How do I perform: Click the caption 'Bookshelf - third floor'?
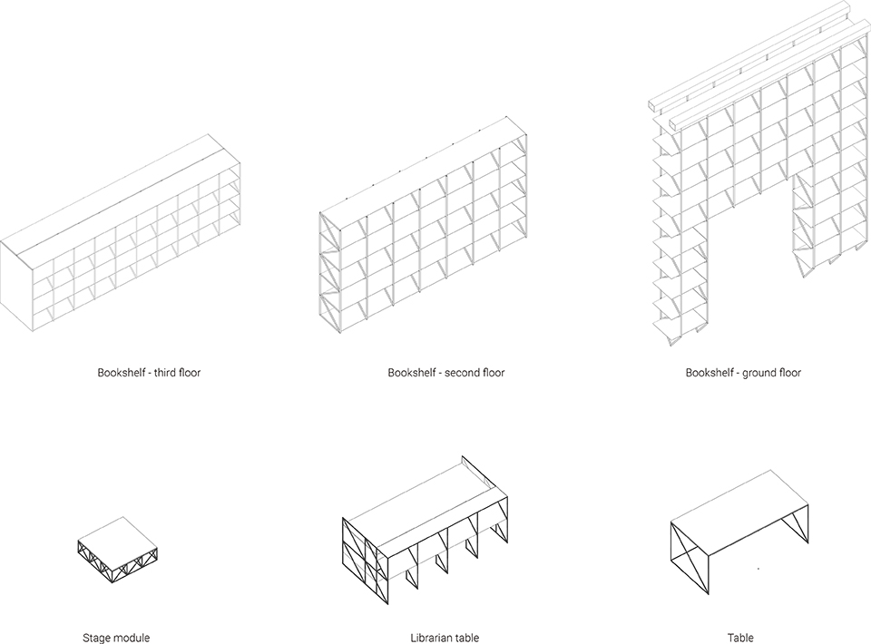click(x=149, y=373)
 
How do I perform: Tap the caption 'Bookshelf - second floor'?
click(x=445, y=373)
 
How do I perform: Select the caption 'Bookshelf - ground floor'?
click(x=743, y=373)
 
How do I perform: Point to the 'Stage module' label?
click(x=115, y=638)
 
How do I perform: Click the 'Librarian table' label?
click(x=445, y=638)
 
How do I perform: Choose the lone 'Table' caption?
click(x=740, y=638)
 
